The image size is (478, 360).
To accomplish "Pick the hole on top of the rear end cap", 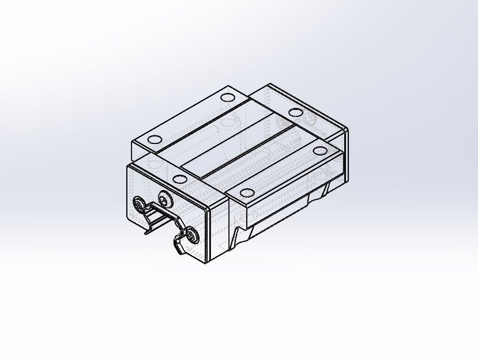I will [295, 112].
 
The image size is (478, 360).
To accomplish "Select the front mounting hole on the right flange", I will [247, 193].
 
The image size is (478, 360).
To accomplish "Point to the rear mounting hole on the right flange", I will [319, 151].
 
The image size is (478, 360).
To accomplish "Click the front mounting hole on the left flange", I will [155, 139].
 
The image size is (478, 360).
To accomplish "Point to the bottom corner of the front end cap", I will [206, 262].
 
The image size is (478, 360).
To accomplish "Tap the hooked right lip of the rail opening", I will [175, 245].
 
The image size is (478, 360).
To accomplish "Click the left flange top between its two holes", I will [190, 118].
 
